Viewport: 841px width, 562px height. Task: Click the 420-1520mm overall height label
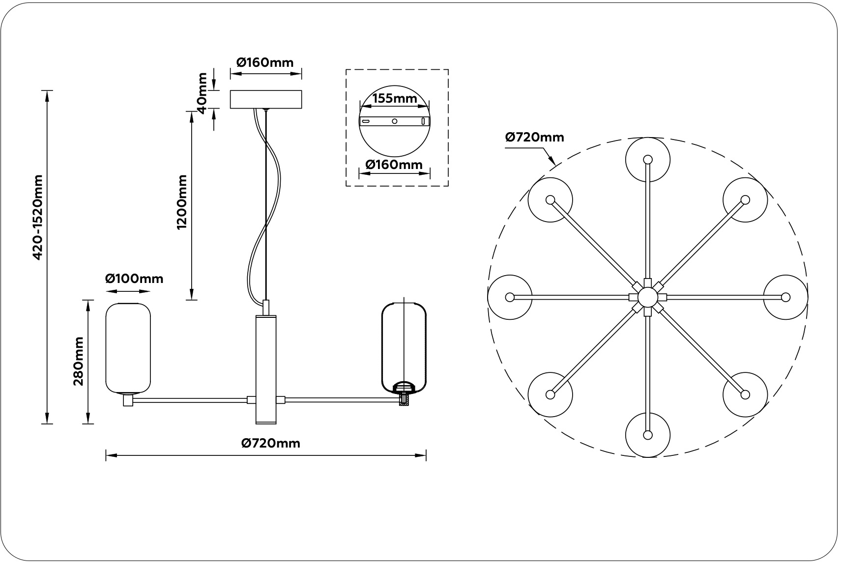[38, 217]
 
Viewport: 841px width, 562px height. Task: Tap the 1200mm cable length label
[182, 202]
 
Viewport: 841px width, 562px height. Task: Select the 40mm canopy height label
[202, 93]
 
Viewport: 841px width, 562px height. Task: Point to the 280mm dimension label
[79, 361]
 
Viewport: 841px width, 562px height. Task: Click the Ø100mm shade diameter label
[134, 279]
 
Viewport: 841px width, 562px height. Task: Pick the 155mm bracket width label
[395, 98]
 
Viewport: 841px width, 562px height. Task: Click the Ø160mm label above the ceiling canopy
[265, 62]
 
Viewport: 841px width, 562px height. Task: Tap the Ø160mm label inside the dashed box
[394, 164]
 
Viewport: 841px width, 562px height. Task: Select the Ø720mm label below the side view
[271, 444]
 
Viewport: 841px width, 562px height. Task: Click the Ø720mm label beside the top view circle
[535, 138]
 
